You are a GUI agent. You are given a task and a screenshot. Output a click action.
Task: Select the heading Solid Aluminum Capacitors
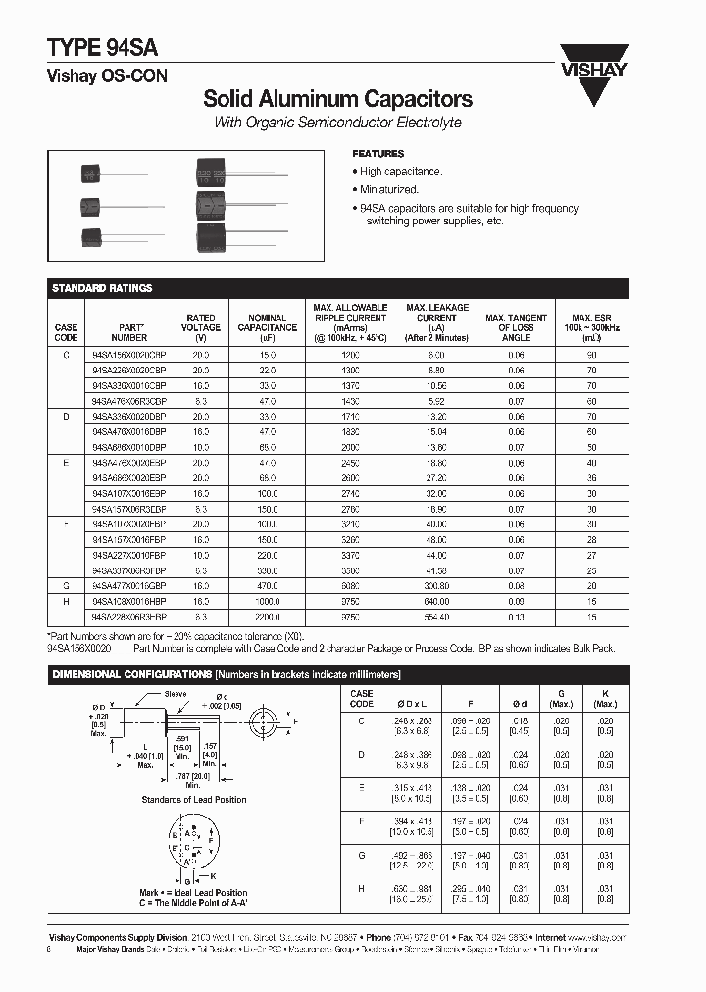click(x=337, y=99)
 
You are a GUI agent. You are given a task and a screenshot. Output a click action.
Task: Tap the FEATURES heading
click(x=378, y=154)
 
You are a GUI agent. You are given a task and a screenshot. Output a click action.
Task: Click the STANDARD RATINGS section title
click(x=102, y=288)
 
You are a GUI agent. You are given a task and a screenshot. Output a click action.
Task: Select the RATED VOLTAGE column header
click(x=201, y=327)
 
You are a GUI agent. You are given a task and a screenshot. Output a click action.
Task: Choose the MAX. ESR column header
click(x=591, y=327)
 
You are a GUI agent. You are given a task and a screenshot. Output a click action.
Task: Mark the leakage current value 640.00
click(x=436, y=601)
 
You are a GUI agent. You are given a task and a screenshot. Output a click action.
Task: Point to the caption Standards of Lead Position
click(x=194, y=799)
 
